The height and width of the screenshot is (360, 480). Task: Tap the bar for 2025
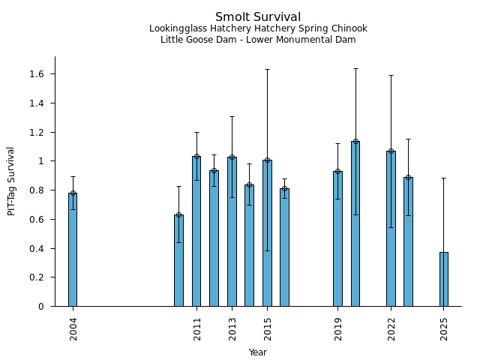click(x=444, y=279)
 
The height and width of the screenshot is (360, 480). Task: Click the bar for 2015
click(x=267, y=233)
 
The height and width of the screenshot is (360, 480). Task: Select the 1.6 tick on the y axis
click(x=37, y=74)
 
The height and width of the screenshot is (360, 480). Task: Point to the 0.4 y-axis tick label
click(x=37, y=248)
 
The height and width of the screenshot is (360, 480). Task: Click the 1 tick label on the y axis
click(x=42, y=161)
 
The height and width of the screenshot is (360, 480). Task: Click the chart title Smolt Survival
click(x=258, y=17)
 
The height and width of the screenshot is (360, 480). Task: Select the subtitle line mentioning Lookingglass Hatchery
click(x=258, y=29)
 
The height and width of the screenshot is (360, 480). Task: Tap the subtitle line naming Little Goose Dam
click(x=258, y=40)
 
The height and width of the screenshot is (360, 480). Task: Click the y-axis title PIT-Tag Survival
click(x=11, y=181)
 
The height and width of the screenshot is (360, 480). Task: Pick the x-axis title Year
click(x=258, y=352)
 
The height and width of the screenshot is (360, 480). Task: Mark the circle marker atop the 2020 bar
click(x=355, y=141)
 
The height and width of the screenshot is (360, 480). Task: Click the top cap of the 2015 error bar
click(x=267, y=70)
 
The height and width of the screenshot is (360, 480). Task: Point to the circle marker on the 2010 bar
click(x=178, y=215)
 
